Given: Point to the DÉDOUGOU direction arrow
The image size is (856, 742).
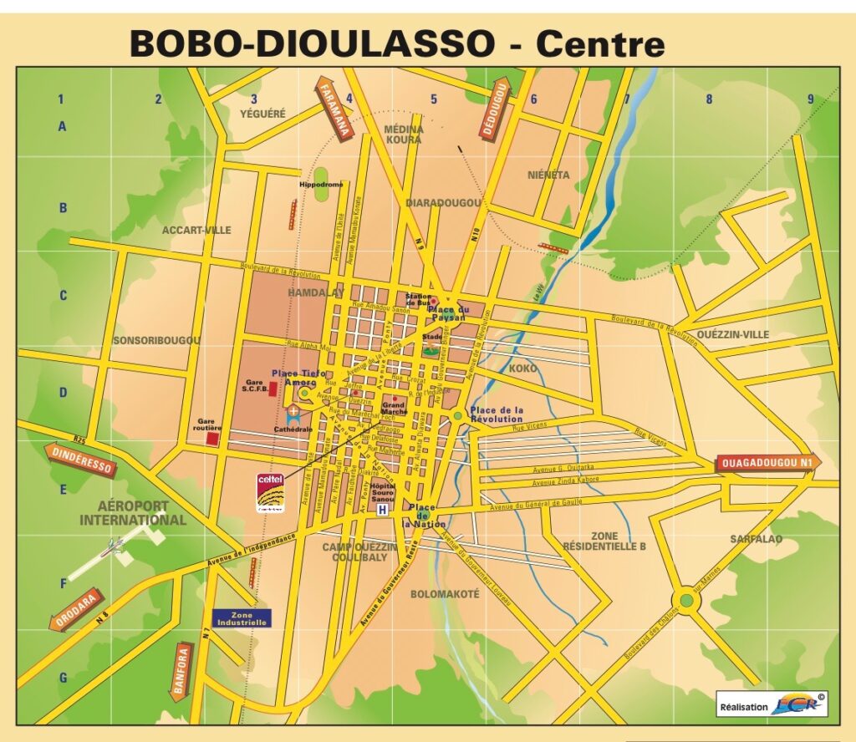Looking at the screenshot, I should tap(496, 109).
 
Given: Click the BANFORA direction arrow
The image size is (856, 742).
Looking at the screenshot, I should tap(181, 670).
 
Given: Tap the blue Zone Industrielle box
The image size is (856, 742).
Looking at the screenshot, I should tap(242, 617).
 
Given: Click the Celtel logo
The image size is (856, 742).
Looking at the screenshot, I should tap(270, 492).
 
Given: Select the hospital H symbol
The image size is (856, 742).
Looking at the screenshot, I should tap(383, 510).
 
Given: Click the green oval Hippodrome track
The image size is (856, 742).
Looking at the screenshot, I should tap(322, 189).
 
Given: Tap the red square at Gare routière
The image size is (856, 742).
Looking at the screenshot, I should tap(213, 438).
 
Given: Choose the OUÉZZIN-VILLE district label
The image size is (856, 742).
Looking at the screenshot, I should tap(731, 334).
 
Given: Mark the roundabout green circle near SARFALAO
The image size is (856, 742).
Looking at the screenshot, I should tap(686, 599).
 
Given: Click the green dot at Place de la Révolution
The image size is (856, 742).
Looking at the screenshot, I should tap(457, 415).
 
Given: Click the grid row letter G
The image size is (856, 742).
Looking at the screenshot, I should tap(62, 678).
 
